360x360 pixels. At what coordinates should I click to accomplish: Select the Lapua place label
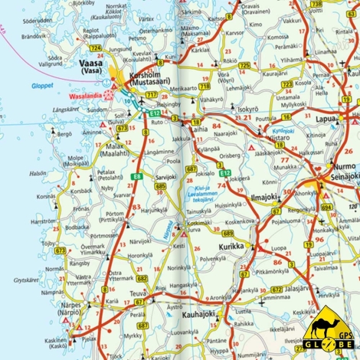click(329, 119)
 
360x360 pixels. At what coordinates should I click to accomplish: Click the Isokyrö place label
click(247, 110)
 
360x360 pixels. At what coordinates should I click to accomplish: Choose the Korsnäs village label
click(45, 196)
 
